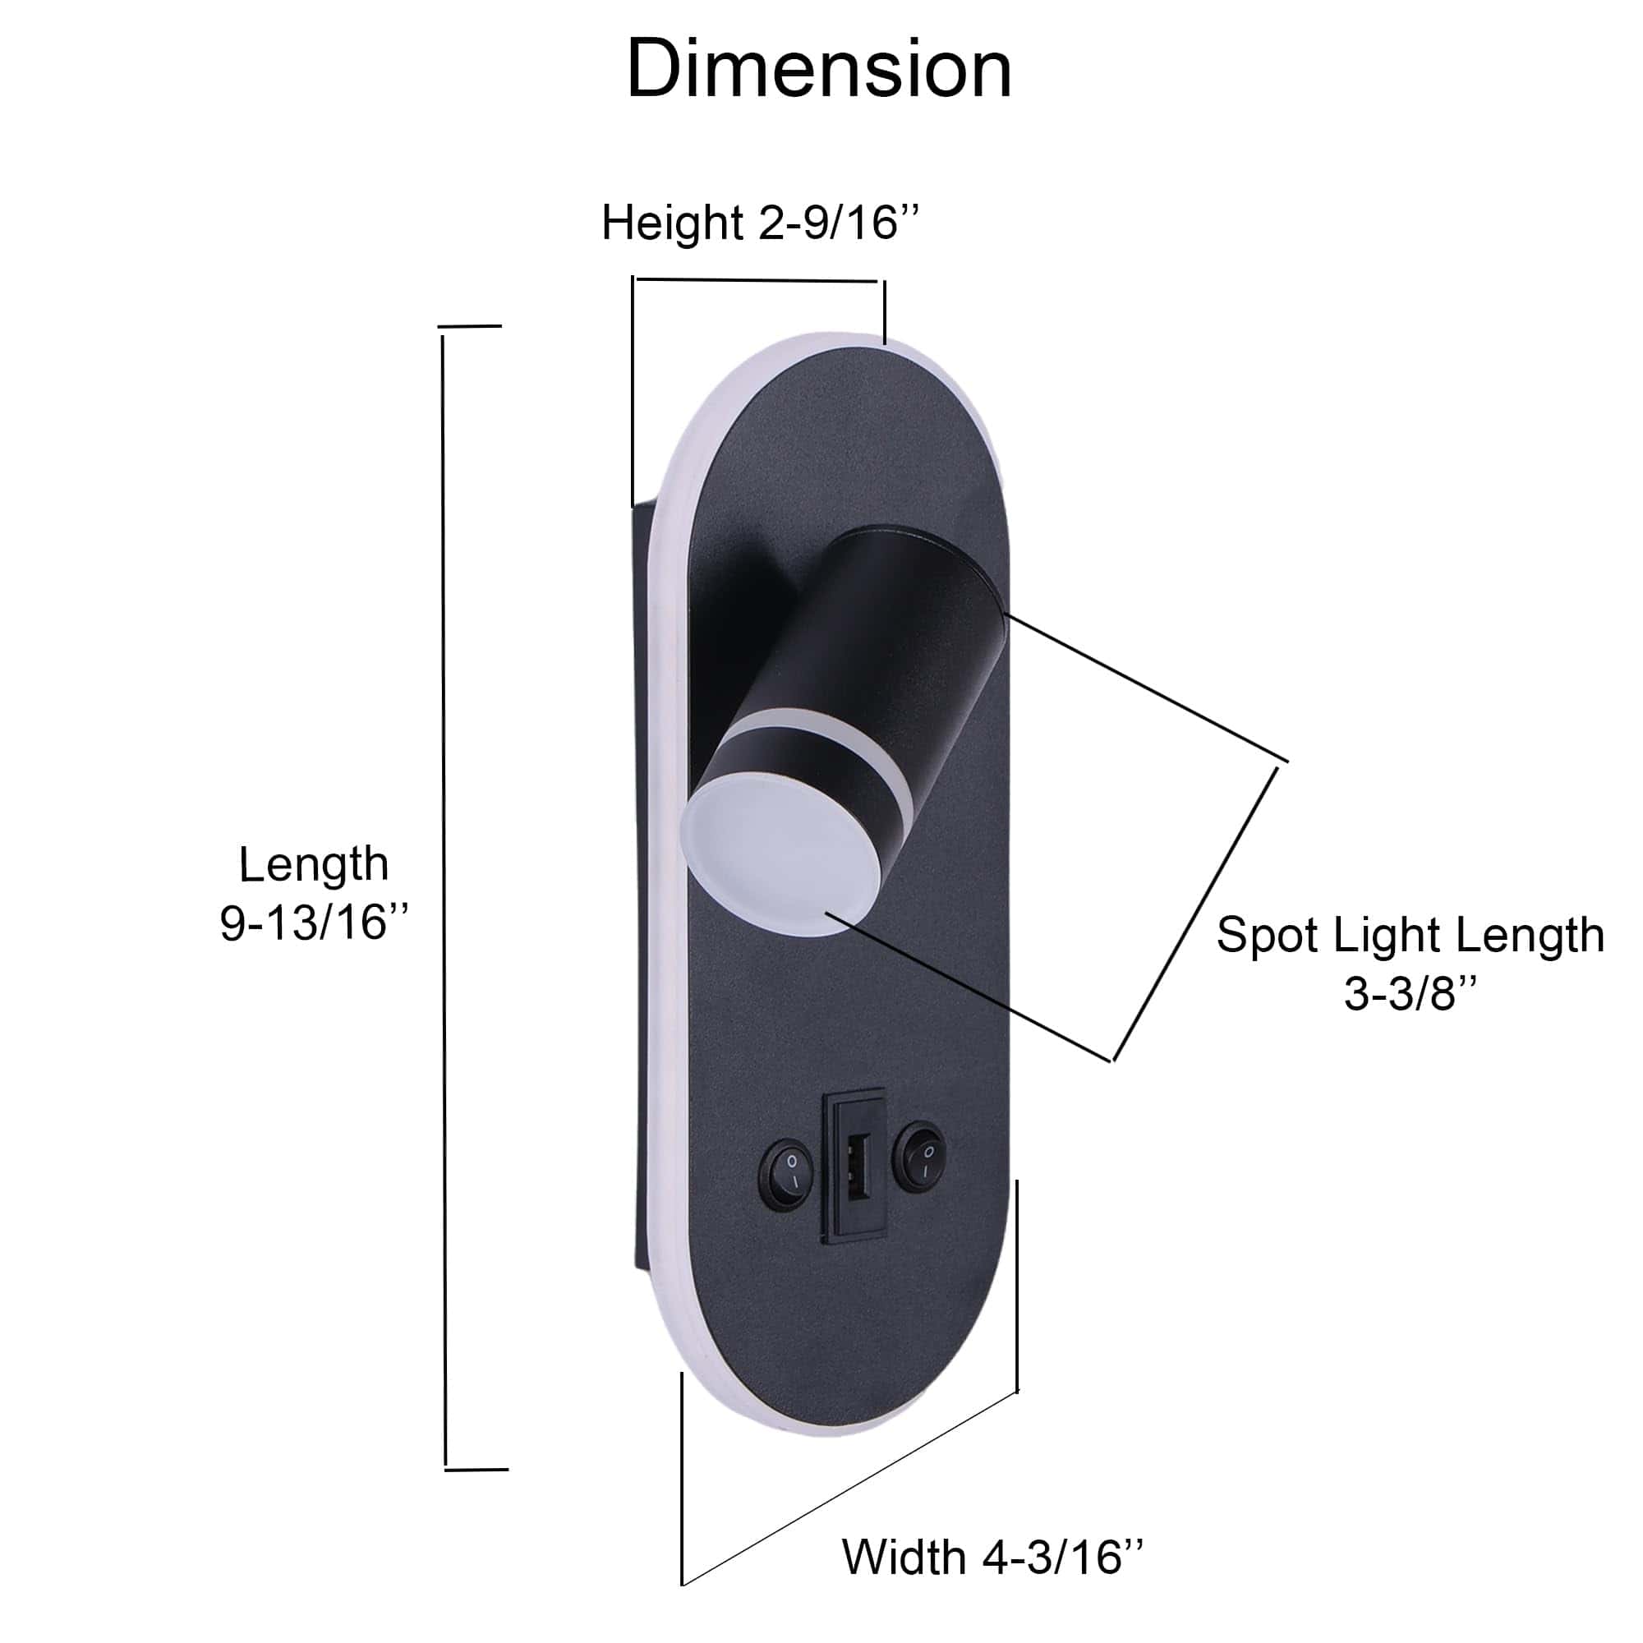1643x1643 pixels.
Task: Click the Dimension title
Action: (x=819, y=70)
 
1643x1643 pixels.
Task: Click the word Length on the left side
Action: (x=313, y=864)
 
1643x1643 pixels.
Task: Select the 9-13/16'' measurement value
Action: (x=315, y=922)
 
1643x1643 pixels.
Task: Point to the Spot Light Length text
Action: (x=1410, y=936)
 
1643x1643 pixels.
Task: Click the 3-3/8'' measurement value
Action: (x=1410, y=993)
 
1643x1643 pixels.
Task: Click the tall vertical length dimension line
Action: (x=443, y=893)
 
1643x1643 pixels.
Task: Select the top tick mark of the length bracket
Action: (x=469, y=325)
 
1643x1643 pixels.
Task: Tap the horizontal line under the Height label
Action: (x=757, y=279)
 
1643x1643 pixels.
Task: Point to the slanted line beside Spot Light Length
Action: (x=1194, y=915)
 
